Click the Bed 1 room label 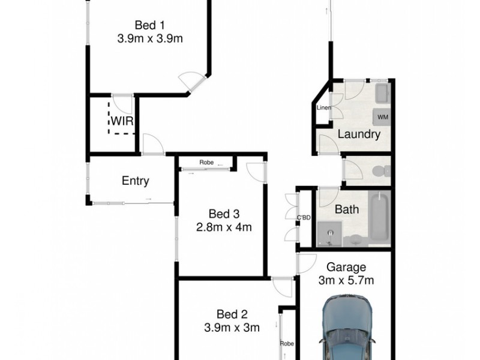149,25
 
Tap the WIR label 121,121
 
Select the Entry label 135,181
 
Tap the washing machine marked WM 382,117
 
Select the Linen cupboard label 324,108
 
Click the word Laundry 359,134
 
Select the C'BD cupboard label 304,217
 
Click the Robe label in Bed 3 206,163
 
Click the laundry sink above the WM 382,94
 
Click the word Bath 347,210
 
